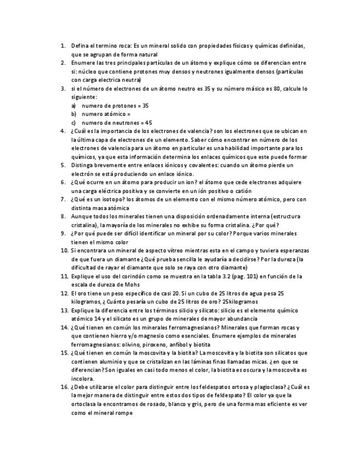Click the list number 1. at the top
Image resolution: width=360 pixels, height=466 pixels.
[63, 46]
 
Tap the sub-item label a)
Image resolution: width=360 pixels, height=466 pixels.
[74, 106]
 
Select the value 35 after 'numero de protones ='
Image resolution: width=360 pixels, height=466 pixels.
[145, 106]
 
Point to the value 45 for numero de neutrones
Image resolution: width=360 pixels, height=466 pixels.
[148, 123]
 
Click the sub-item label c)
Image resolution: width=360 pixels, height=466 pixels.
[74, 123]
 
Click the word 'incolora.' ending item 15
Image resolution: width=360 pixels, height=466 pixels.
[82, 379]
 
